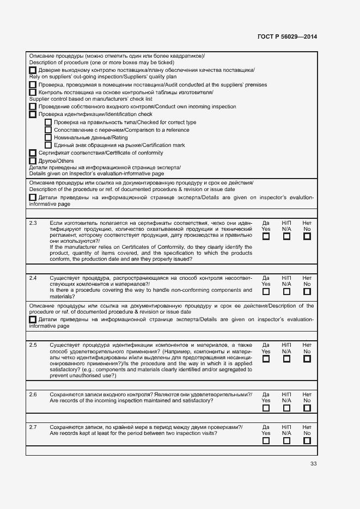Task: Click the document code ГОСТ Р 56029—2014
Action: pyautogui.click(x=287, y=37)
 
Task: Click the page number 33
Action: pyautogui.click(x=313, y=463)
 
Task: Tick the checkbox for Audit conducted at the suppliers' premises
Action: pyautogui.click(x=33, y=85)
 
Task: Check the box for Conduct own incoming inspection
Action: pyautogui.click(x=33, y=107)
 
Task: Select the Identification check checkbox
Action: pyautogui.click(x=33, y=115)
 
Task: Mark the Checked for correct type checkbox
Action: pyautogui.click(x=48, y=122)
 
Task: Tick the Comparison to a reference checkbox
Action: pyautogui.click(x=48, y=130)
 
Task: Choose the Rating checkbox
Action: pyautogui.click(x=48, y=138)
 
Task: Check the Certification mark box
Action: pyautogui.click(x=48, y=145)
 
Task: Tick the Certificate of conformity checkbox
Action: pyautogui.click(x=33, y=153)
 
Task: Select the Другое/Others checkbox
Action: pyautogui.click(x=33, y=161)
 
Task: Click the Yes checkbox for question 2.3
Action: pyautogui.click(x=266, y=237)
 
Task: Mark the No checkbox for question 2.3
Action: pyautogui.click(x=307, y=237)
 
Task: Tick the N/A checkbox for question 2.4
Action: pyautogui.click(x=286, y=292)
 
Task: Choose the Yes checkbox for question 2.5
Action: pyautogui.click(x=266, y=359)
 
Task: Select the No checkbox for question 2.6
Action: pyautogui.click(x=307, y=408)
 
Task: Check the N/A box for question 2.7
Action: pyautogui.click(x=286, y=440)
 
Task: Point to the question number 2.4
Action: pyautogui.click(x=33, y=278)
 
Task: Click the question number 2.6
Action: pyautogui.click(x=33, y=395)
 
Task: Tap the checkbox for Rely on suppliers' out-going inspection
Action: pyautogui.click(x=33, y=71)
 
